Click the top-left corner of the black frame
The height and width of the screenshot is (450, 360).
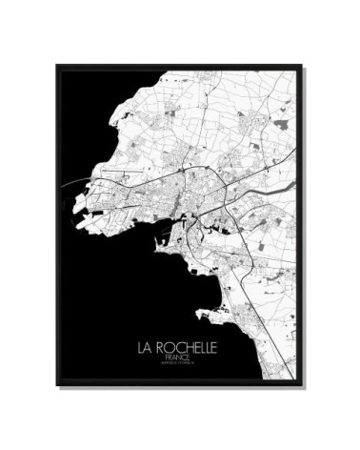tap(57, 66)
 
